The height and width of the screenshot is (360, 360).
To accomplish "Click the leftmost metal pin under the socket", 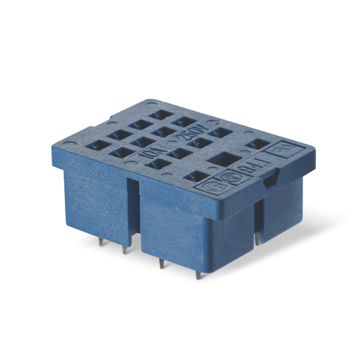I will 100,242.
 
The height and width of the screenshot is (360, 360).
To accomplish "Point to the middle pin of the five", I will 161,262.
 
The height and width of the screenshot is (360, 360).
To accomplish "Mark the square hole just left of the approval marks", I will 192,176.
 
